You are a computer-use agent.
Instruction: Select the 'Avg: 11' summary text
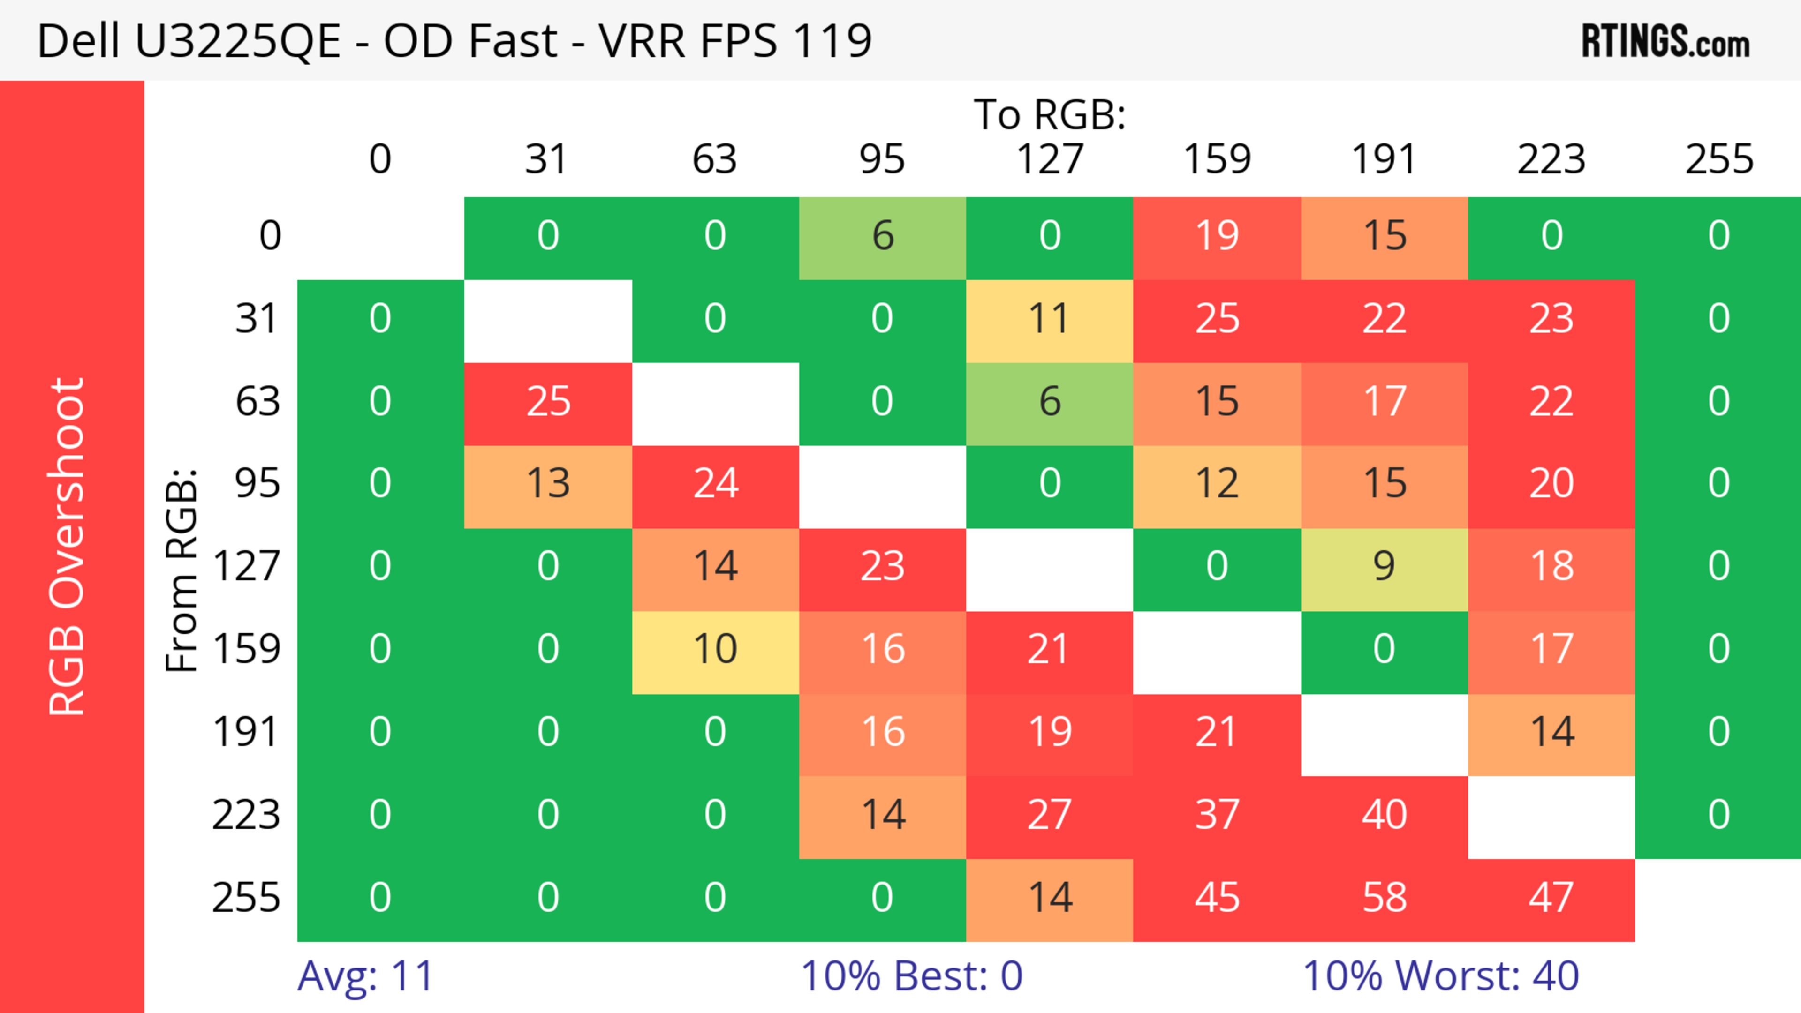pyautogui.click(x=365, y=976)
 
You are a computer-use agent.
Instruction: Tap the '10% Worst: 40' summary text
pyautogui.click(x=1440, y=976)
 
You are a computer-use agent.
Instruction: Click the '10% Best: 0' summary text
pyautogui.click(x=911, y=976)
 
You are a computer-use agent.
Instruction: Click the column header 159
pyautogui.click(x=1217, y=160)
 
